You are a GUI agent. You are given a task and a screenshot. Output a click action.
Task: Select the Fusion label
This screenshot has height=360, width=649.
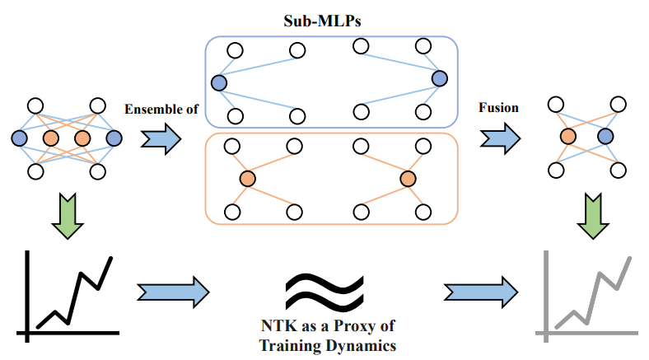pos(499,109)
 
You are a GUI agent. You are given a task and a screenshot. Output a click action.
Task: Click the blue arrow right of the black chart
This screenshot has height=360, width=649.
pos(174,290)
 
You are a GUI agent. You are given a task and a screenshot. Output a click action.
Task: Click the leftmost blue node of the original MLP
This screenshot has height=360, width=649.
pos(19,138)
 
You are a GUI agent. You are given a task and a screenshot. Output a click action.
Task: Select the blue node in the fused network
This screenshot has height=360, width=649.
pos(606,137)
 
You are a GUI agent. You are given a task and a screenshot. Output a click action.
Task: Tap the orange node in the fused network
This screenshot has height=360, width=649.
pos(567,137)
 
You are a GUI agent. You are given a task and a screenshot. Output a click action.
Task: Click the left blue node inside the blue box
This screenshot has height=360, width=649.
pos(218,82)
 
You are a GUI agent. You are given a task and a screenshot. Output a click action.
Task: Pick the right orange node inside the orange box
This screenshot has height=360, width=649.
pos(408,179)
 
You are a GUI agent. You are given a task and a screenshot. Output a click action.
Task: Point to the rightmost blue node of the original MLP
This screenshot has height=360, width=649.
pos(114,138)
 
